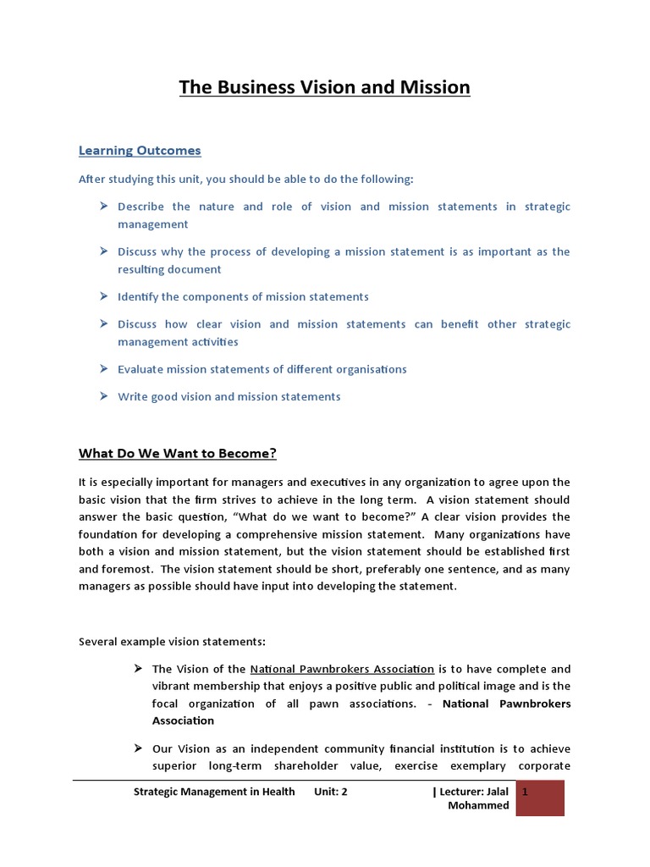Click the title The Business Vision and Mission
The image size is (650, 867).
[324, 88]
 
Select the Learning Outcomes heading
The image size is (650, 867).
[140, 151]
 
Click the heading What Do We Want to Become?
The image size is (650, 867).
[178, 454]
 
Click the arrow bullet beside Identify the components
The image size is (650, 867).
[103, 296]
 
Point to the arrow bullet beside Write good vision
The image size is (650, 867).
[103, 396]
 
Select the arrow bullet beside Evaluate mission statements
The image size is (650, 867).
[103, 369]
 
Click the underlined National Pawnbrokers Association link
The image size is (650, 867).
[342, 669]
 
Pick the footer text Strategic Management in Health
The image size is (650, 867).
[215, 792]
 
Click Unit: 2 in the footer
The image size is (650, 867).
[331, 792]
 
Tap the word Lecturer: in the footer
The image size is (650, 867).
[464, 792]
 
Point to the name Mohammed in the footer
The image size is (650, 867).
[478, 806]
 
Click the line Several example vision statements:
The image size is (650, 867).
[172, 642]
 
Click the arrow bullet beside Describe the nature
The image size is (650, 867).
[103, 207]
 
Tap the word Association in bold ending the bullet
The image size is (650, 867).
[183, 721]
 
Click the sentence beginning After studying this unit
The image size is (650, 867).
[246, 179]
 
